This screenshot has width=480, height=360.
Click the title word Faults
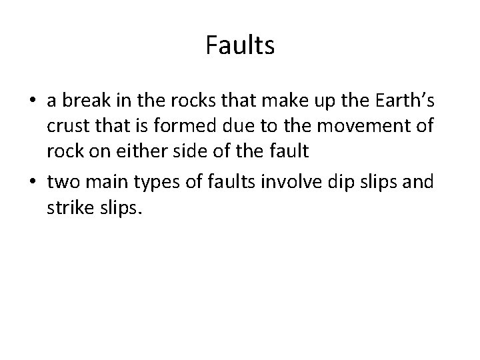pos(240,46)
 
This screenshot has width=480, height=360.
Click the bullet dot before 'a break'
pos(33,101)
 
